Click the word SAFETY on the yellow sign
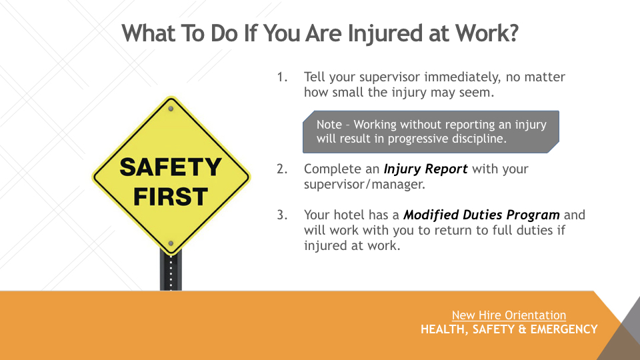click(170, 167)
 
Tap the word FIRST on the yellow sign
click(171, 197)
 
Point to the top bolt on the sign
click(171, 109)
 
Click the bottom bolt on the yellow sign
click(171, 243)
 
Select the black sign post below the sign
click(171, 271)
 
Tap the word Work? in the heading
click(487, 33)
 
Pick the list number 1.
click(282, 77)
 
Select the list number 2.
click(282, 169)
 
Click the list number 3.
click(282, 215)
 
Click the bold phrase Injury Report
click(425, 169)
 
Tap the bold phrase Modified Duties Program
click(481, 215)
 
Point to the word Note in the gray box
click(329, 125)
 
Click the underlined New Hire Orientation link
click(509, 315)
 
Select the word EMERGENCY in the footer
click(564, 329)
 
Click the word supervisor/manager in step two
click(365, 185)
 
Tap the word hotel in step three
click(349, 215)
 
